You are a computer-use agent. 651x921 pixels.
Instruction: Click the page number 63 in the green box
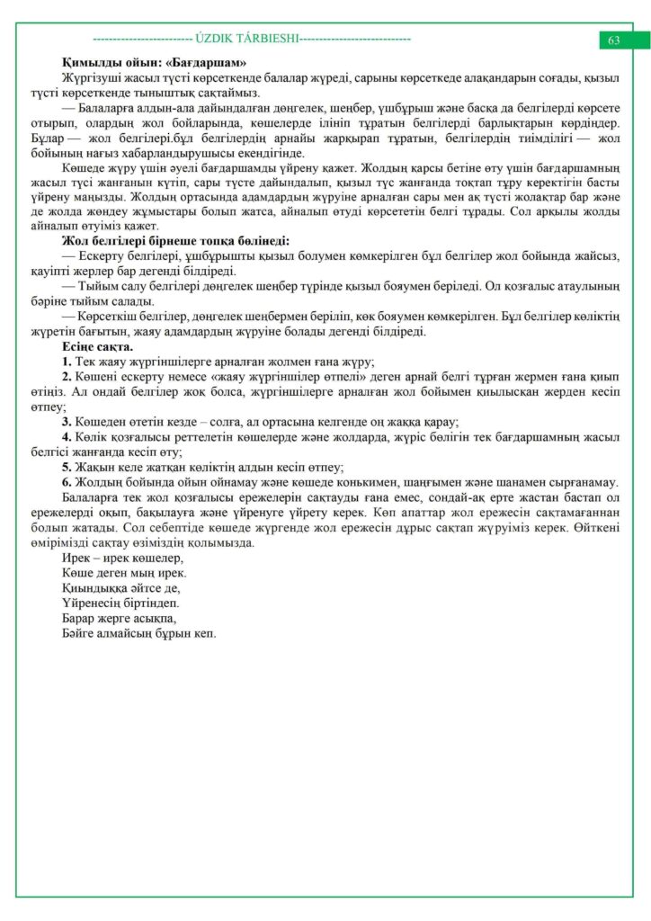click(614, 40)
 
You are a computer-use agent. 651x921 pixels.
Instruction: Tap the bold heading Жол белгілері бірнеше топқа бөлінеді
click(175, 240)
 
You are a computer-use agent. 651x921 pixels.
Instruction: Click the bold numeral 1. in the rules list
click(67, 361)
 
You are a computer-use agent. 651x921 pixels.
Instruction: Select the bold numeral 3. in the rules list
click(67, 422)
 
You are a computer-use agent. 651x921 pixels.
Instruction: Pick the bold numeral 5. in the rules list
click(67, 467)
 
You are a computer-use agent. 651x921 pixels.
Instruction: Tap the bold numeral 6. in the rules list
click(67, 482)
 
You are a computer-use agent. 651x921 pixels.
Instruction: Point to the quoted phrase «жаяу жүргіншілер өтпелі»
click(309, 376)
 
